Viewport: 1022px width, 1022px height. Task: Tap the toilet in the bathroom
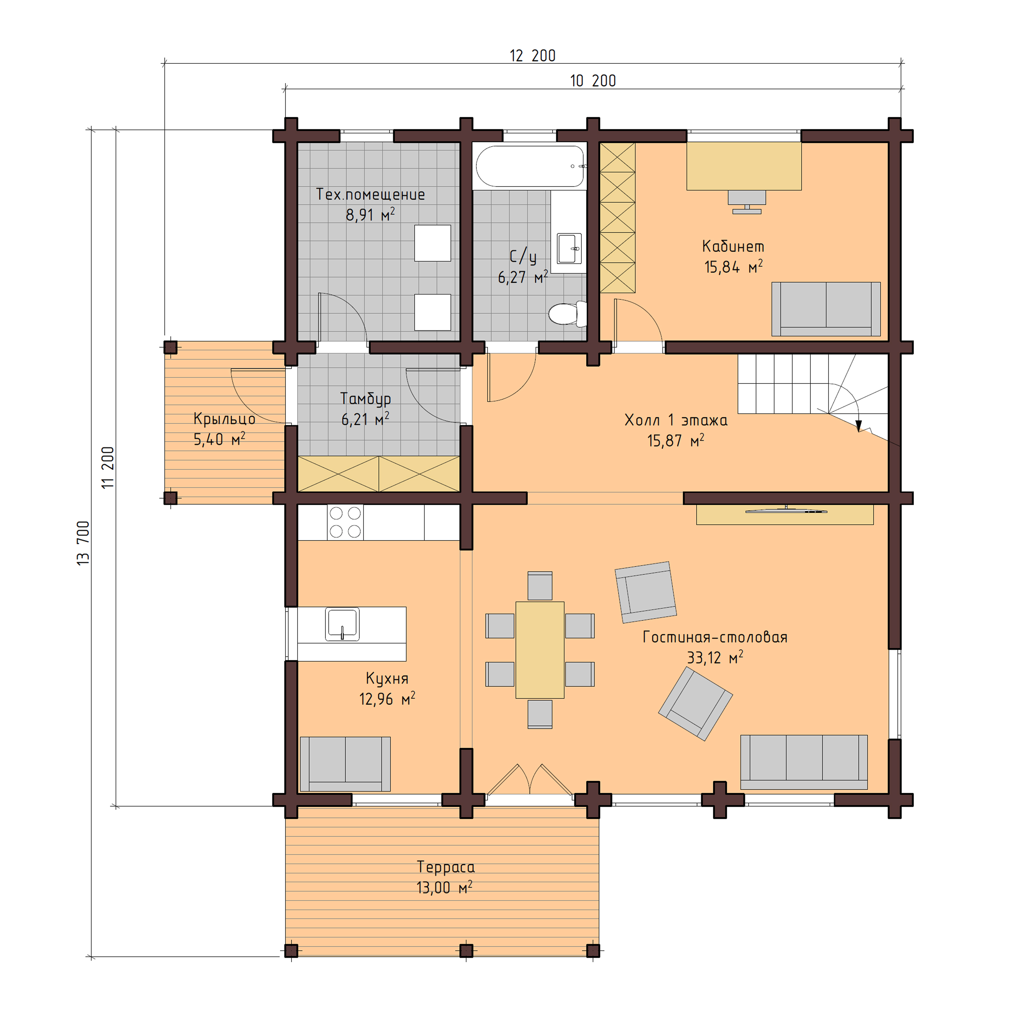coord(566,314)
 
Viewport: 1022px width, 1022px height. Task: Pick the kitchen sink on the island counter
coord(342,624)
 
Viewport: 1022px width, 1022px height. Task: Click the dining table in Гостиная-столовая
coord(539,650)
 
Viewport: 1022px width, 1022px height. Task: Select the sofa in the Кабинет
coord(825,309)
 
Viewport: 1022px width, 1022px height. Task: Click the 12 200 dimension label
coord(532,55)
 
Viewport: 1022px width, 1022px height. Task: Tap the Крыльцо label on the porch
coord(224,419)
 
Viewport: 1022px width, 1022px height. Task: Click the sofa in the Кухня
coord(345,764)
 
